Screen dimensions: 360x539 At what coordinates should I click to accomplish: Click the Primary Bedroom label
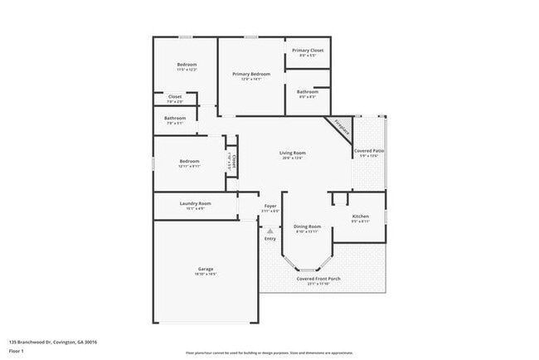click(251, 74)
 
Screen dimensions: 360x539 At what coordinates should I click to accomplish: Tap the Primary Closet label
click(307, 51)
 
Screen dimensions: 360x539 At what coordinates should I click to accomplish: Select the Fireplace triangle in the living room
click(341, 127)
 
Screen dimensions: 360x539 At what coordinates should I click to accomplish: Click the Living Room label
click(292, 153)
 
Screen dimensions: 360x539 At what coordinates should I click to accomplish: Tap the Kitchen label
click(360, 216)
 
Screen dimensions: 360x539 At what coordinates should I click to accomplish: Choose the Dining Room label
click(307, 226)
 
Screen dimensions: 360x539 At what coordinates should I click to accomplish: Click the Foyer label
click(270, 206)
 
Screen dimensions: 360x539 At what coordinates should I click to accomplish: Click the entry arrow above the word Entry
click(270, 230)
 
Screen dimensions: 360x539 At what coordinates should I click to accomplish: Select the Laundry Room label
click(195, 203)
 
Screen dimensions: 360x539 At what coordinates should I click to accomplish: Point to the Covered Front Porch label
click(319, 279)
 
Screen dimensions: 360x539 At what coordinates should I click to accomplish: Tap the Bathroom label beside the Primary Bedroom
click(307, 91)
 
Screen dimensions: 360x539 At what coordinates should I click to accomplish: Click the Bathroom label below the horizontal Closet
click(175, 118)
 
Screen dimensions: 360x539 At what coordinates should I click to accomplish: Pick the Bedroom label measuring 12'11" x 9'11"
click(189, 162)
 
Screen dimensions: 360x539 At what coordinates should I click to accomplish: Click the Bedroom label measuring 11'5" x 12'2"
click(187, 65)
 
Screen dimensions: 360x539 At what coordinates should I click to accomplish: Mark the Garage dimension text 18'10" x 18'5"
click(206, 275)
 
